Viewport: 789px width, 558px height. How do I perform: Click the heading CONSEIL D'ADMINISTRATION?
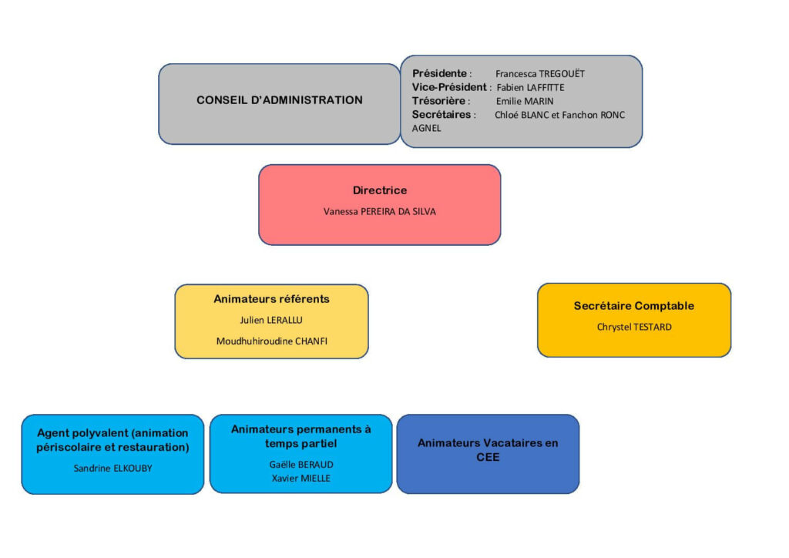coord(279,100)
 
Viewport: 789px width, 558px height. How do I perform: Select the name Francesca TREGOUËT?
coord(539,74)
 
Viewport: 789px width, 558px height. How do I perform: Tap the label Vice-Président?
coord(449,87)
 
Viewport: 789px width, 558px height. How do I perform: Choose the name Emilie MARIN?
coord(524,101)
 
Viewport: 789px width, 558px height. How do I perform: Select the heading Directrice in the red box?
coord(379,190)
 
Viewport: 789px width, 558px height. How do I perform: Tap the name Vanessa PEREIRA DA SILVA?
coord(379,211)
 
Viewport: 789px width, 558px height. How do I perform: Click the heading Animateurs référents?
coord(271,299)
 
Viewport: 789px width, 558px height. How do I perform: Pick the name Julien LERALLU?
coord(271,320)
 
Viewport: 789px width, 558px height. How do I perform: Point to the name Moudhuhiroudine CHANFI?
coord(271,341)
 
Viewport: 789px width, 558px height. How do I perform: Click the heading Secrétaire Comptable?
coord(633,306)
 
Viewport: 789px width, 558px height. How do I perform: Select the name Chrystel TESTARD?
coord(633,327)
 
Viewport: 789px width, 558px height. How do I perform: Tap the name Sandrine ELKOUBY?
coord(112,468)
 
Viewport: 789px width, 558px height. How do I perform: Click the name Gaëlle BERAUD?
coord(300,465)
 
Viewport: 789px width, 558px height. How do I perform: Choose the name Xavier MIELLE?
coord(300,478)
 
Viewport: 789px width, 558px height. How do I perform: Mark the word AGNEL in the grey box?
coord(427,129)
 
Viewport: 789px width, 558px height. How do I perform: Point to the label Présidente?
coord(440,74)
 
